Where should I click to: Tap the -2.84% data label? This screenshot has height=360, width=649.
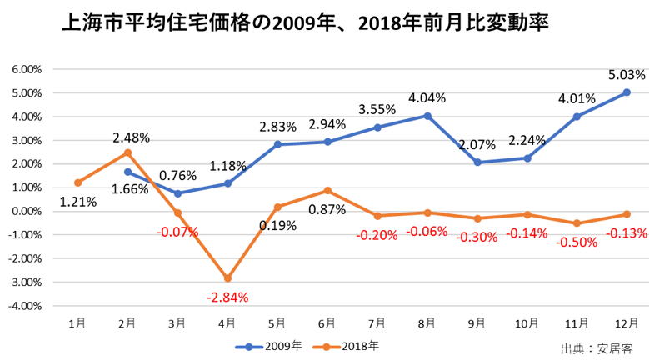point(227,297)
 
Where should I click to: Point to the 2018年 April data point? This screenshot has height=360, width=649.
point(227,278)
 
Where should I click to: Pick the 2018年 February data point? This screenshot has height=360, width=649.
point(127,152)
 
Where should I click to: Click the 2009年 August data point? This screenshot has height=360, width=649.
point(427,116)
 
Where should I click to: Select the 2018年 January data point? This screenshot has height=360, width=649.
point(77,182)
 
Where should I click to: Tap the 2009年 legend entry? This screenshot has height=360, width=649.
point(267,343)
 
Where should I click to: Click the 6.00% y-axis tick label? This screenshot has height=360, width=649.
point(26,69)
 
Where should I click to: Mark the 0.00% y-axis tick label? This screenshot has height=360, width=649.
point(26,211)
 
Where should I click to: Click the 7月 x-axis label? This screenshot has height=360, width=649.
point(377,322)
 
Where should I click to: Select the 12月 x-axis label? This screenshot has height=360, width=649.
point(627,322)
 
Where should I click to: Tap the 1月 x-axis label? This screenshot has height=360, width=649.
point(77,322)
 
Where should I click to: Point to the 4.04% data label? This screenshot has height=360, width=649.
point(427,98)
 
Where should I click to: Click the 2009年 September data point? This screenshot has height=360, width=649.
point(477,162)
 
